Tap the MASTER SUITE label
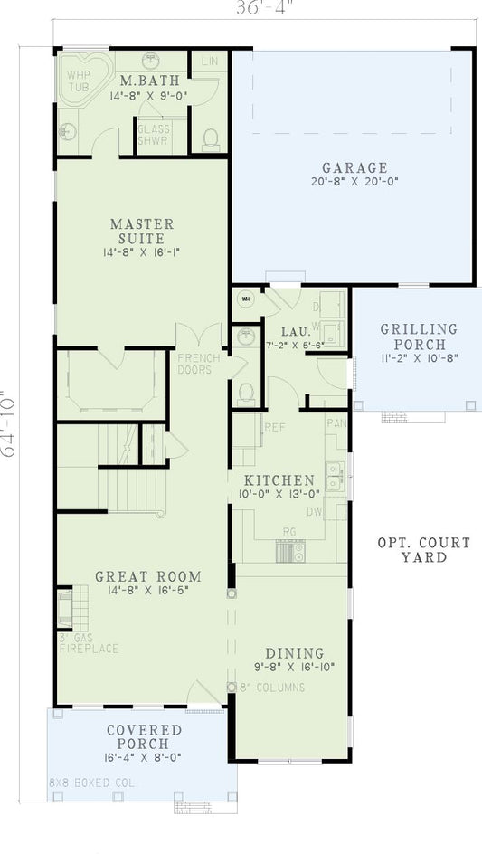142,231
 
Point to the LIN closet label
209,62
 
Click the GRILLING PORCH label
419,337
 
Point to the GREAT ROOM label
148,576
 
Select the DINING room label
294,653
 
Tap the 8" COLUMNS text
271,688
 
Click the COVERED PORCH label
144,736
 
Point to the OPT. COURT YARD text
423,550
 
